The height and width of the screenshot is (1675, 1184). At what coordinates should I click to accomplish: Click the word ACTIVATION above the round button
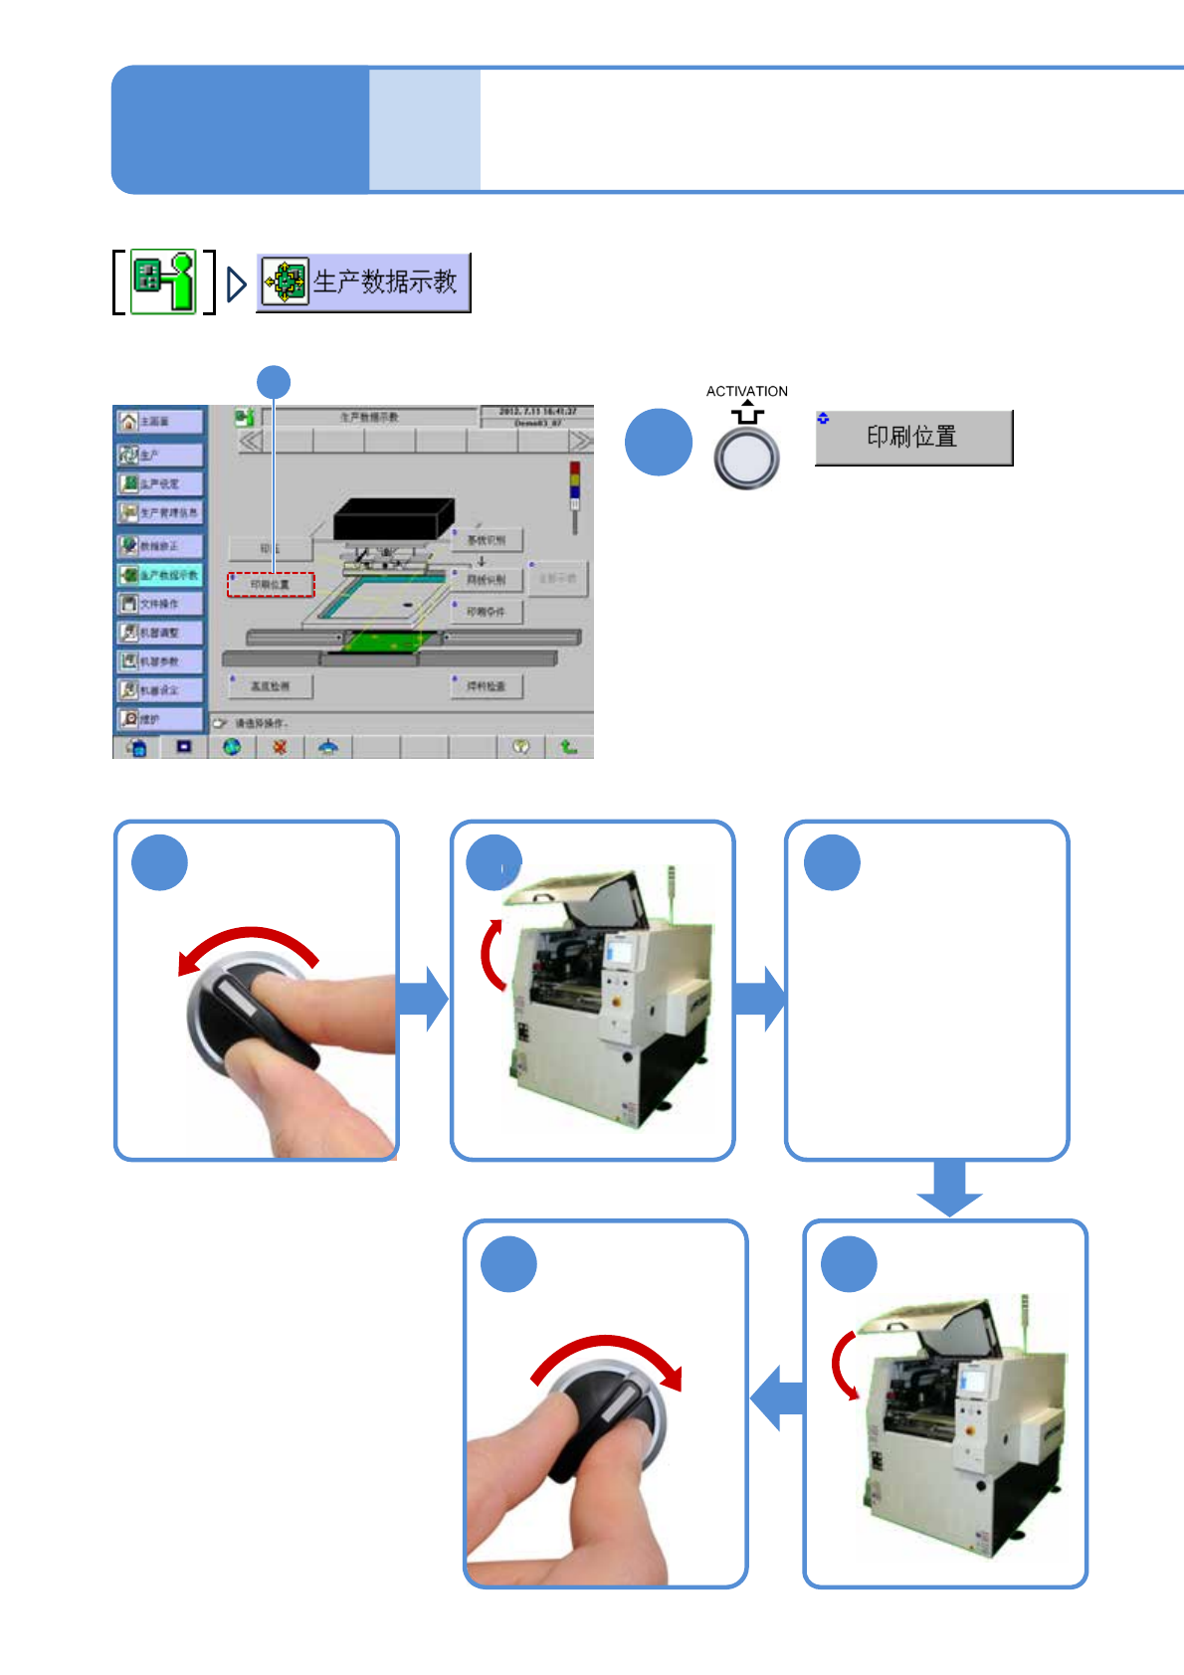[x=746, y=391]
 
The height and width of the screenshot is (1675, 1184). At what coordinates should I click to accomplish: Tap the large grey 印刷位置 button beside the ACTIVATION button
[x=913, y=438]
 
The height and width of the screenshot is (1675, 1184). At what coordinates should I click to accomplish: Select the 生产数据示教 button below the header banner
[x=363, y=282]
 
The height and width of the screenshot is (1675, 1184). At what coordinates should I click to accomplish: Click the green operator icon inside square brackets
[x=164, y=282]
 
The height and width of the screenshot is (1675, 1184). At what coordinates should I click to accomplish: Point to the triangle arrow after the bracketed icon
[x=236, y=284]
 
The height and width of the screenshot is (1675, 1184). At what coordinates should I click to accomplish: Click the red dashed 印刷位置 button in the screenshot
[x=271, y=585]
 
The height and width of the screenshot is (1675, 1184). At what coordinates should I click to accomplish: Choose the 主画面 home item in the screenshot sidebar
[x=159, y=422]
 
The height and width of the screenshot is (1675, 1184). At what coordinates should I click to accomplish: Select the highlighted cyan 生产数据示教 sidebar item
[x=159, y=575]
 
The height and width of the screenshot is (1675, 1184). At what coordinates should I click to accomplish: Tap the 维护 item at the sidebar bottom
[x=159, y=718]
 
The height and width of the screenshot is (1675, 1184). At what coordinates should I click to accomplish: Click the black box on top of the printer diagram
[x=393, y=519]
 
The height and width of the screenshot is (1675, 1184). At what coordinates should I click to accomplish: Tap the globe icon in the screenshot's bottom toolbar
[x=232, y=747]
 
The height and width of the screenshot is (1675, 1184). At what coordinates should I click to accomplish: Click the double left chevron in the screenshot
[x=250, y=441]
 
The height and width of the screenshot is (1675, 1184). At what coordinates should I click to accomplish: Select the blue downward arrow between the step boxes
[x=949, y=1188]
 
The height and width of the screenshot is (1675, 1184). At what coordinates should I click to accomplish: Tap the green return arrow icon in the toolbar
[x=568, y=747]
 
